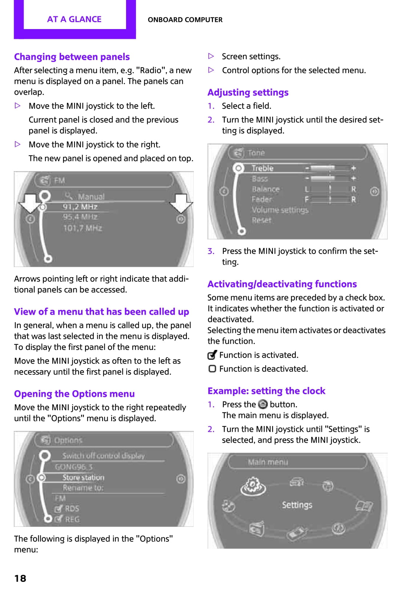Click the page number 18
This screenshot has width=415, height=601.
(x=20, y=578)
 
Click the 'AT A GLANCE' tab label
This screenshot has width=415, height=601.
(x=74, y=19)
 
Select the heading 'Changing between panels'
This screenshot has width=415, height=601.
(x=72, y=57)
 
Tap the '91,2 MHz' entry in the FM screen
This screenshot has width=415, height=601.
(x=80, y=207)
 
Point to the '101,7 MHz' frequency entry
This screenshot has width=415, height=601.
(x=82, y=228)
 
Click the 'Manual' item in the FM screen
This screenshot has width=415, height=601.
(x=91, y=197)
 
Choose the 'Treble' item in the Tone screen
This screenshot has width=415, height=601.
(x=262, y=168)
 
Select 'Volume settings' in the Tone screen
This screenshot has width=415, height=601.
(x=280, y=210)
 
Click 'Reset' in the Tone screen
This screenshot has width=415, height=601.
(x=262, y=220)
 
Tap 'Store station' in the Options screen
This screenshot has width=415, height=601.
(x=83, y=477)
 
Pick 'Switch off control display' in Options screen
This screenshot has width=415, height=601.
(x=103, y=456)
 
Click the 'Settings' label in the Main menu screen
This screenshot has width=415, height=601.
(x=297, y=505)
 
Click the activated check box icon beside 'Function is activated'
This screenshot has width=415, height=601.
(x=212, y=355)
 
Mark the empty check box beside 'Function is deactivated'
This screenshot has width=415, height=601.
(x=212, y=369)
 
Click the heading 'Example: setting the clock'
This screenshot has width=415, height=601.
(x=266, y=391)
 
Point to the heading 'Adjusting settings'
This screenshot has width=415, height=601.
(x=248, y=92)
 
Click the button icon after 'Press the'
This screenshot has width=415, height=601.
(x=263, y=404)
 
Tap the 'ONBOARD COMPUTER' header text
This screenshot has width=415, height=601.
(x=185, y=20)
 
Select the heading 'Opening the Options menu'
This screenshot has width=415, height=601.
(x=74, y=394)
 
